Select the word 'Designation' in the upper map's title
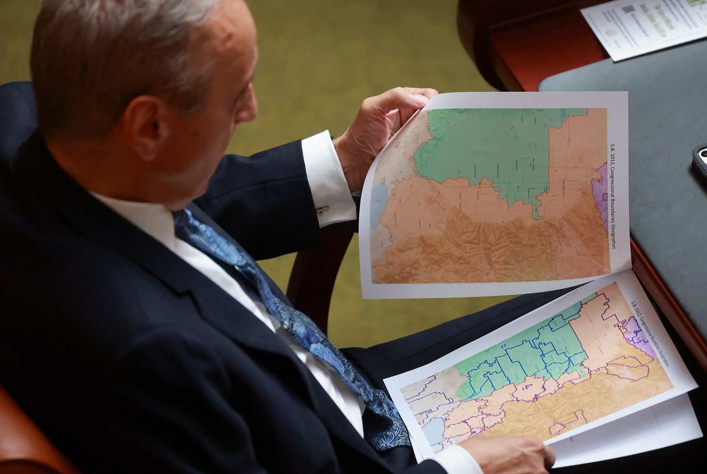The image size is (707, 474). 613,233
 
